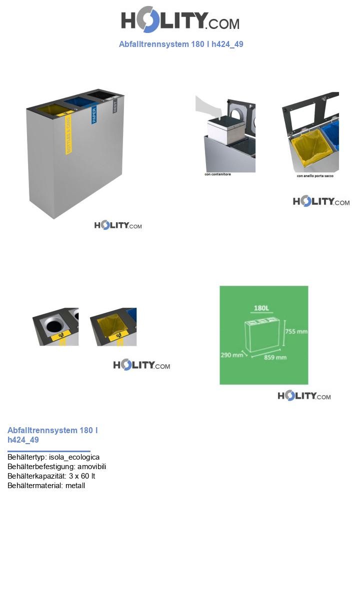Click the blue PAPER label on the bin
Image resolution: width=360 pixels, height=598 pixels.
pyautogui.click(x=93, y=115)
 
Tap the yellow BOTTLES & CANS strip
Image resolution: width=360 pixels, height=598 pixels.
pyautogui.click(x=69, y=134)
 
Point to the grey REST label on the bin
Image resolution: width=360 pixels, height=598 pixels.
pyautogui.click(x=114, y=106)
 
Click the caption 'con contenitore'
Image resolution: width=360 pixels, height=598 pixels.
pyautogui.click(x=217, y=174)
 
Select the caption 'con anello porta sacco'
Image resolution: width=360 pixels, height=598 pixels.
pyautogui.click(x=314, y=176)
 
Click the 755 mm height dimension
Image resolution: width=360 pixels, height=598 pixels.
pyautogui.click(x=295, y=331)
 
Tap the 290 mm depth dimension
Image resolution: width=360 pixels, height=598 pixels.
pyautogui.click(x=231, y=355)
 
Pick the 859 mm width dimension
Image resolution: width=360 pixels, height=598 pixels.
pyautogui.click(x=275, y=358)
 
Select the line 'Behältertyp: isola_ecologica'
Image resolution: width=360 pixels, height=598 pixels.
pyautogui.click(x=53, y=457)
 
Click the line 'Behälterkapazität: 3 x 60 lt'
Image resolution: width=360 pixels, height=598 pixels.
pyautogui.click(x=51, y=476)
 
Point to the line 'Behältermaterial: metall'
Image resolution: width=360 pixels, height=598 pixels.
pyautogui.click(x=46, y=486)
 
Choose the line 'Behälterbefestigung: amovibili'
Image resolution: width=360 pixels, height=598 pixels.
pyautogui.click(x=56, y=467)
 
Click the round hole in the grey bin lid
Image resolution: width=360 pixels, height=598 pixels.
pyautogui.click(x=53, y=326)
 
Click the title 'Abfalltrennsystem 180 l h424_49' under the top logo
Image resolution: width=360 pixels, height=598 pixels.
pyautogui.click(x=181, y=44)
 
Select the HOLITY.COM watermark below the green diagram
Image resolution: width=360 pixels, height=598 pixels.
pyautogui.click(x=304, y=396)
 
